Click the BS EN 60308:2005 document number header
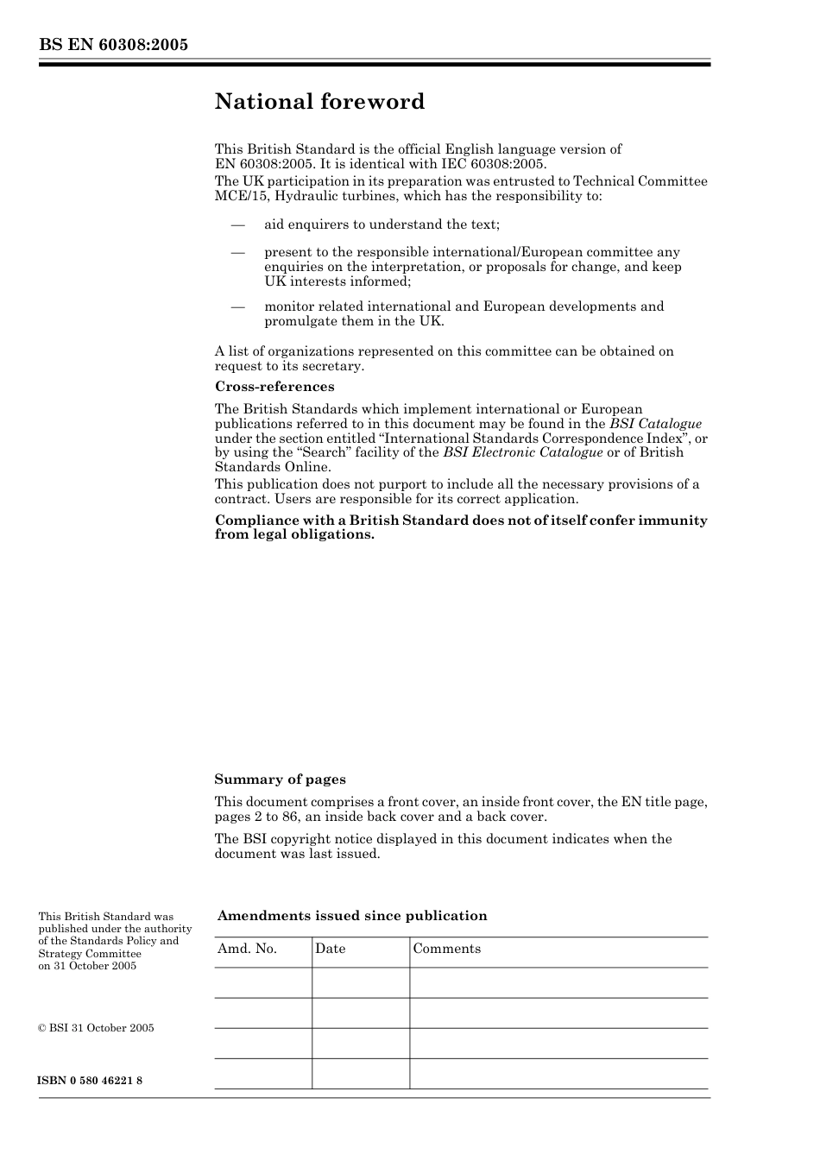coord(113,45)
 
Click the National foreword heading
coord(319,102)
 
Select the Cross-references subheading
coord(274,387)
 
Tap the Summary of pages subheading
coord(280,779)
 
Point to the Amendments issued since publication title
coord(352,916)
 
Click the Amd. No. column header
coord(247,949)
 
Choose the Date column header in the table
coord(330,949)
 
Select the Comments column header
coord(446,949)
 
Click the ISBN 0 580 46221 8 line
coord(91,1081)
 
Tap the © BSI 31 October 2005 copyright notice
coord(96,1028)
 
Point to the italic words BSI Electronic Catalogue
coord(523,452)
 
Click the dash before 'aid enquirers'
coord(237,224)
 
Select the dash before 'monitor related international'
coord(237,306)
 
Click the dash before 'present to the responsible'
coord(237,253)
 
